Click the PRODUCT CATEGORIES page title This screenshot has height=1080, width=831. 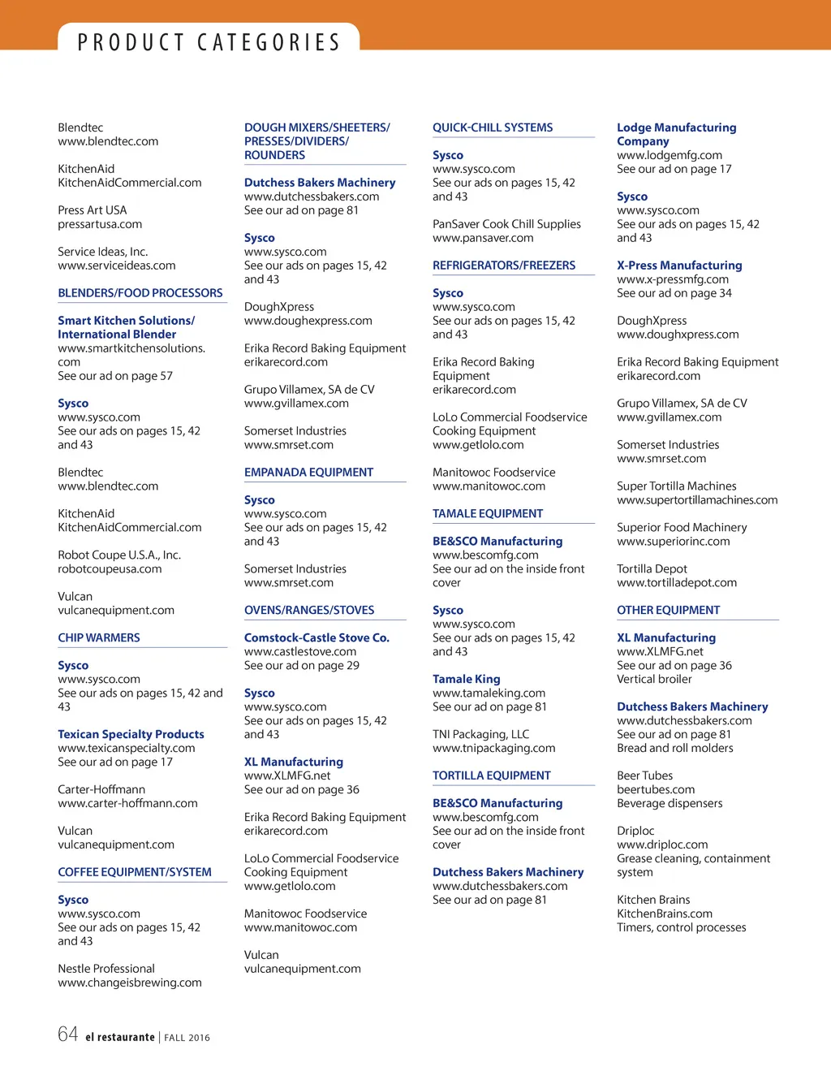(x=209, y=42)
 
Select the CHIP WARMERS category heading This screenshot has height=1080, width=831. (x=99, y=637)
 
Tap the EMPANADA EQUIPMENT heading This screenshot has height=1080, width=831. (x=308, y=472)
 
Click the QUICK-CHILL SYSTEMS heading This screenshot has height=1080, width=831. (x=492, y=127)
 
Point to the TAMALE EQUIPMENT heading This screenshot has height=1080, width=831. (x=487, y=513)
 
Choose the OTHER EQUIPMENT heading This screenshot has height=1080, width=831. (x=668, y=610)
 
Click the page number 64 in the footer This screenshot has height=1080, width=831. (x=68, y=1034)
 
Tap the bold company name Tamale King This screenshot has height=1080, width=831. (x=466, y=679)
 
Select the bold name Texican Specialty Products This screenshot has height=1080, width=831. (x=131, y=734)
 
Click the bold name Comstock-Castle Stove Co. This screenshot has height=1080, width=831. (x=316, y=637)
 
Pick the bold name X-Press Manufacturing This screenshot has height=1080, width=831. (x=679, y=266)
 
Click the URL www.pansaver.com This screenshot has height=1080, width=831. (x=483, y=238)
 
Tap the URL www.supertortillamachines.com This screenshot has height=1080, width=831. (x=697, y=500)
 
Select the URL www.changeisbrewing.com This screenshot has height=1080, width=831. (x=130, y=983)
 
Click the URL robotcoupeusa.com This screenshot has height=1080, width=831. (x=110, y=569)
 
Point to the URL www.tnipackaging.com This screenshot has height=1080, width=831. (x=493, y=748)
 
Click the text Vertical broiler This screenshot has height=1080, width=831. (x=654, y=679)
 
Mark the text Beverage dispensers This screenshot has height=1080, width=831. (x=670, y=803)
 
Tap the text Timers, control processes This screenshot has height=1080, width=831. (x=681, y=927)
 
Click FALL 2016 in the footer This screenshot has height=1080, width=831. (x=187, y=1038)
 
